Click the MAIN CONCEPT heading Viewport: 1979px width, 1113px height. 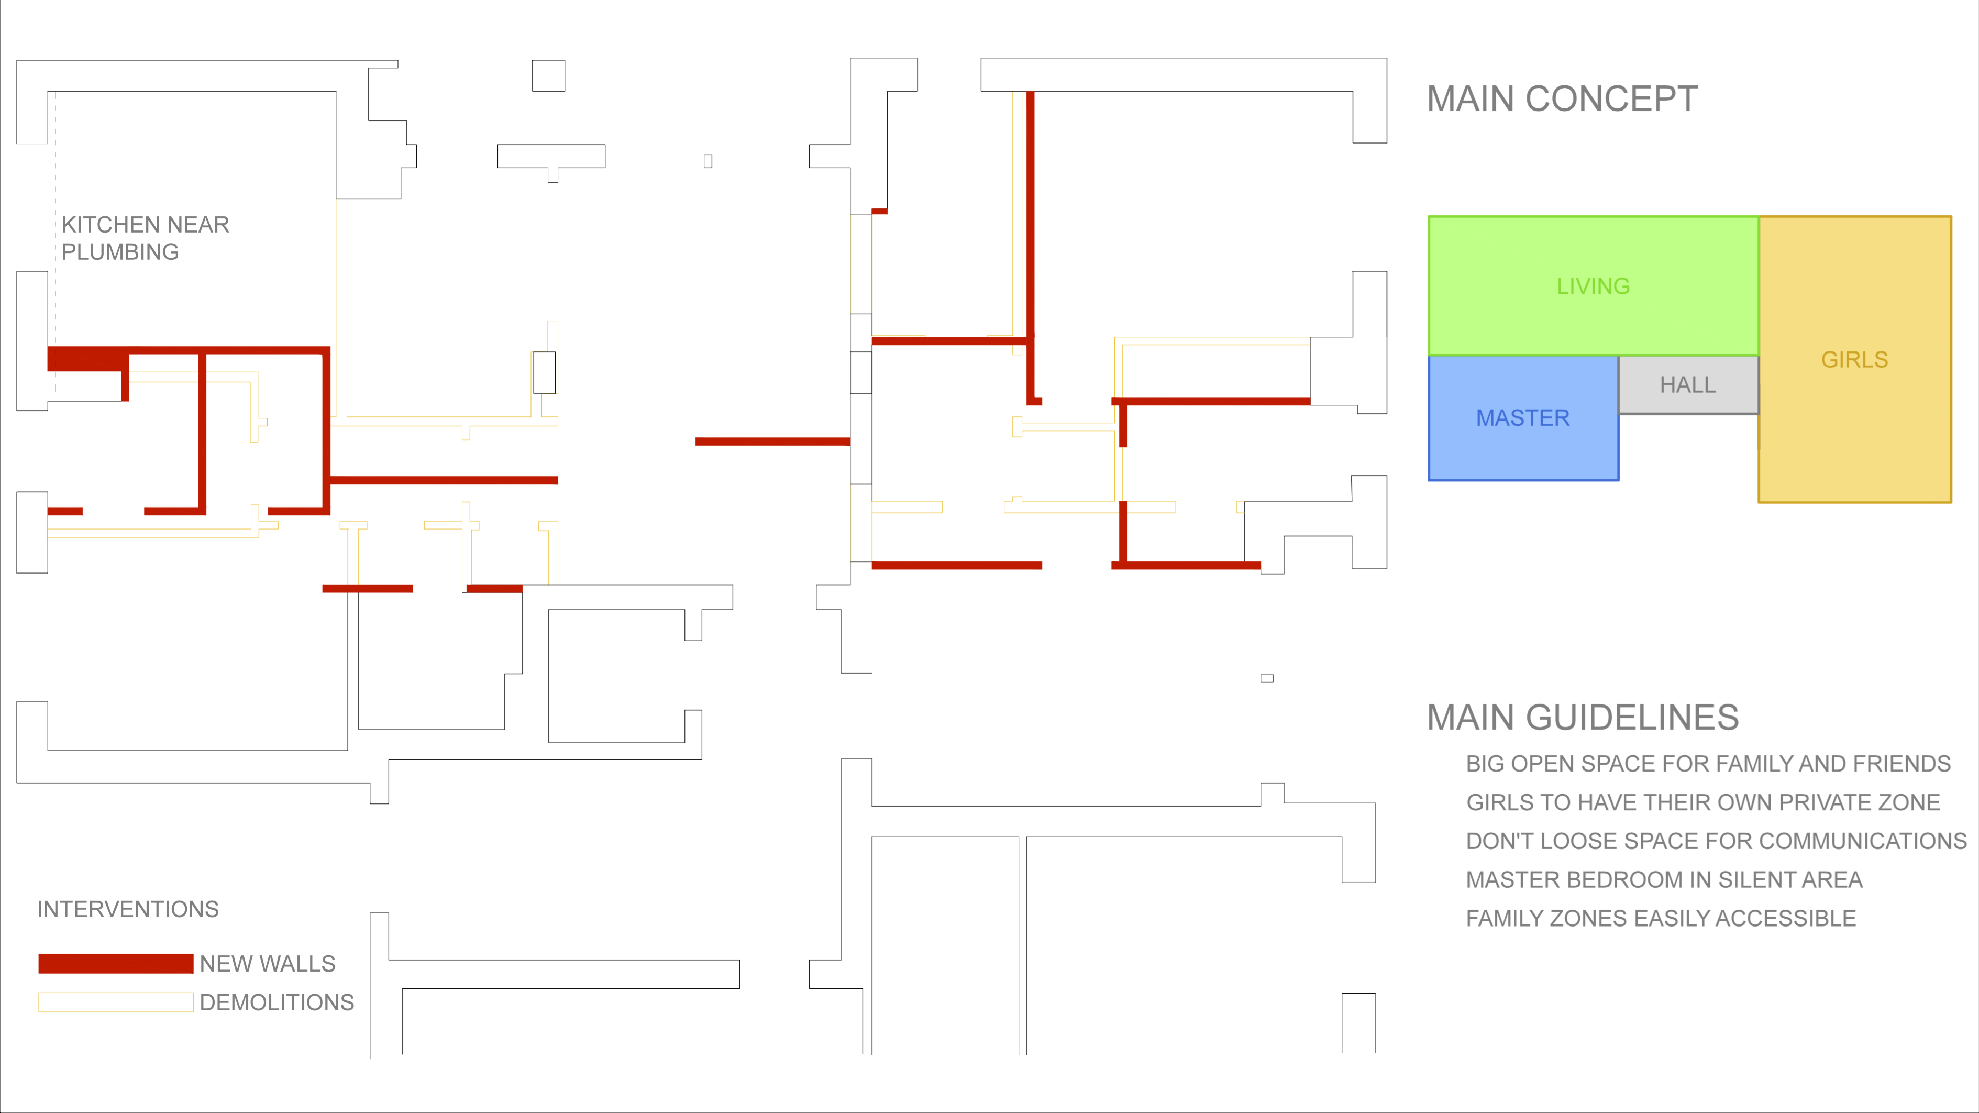1562,99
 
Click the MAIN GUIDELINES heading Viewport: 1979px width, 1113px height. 1583,718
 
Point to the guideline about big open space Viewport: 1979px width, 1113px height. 1708,764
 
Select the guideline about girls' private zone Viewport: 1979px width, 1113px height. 1703,803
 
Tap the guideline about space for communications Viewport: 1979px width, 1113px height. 1716,841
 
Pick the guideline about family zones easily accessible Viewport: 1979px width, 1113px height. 1661,919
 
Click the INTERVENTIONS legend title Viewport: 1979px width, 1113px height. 128,909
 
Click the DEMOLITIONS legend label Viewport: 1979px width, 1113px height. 277,1002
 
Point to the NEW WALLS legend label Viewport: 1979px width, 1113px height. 268,964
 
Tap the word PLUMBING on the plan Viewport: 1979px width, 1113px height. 120,252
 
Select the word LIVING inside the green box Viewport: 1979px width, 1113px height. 1594,286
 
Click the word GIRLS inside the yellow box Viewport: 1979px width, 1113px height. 1854,359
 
